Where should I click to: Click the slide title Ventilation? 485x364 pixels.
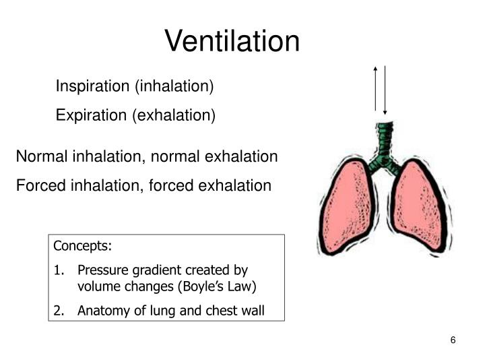point(232,41)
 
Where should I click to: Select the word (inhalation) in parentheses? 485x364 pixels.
point(174,87)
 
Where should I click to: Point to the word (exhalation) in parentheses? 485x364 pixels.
point(174,115)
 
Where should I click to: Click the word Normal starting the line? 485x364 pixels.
point(40,156)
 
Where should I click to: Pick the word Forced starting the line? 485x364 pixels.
point(38,185)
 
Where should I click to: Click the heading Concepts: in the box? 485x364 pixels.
point(83,245)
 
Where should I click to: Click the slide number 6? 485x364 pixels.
point(453,340)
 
